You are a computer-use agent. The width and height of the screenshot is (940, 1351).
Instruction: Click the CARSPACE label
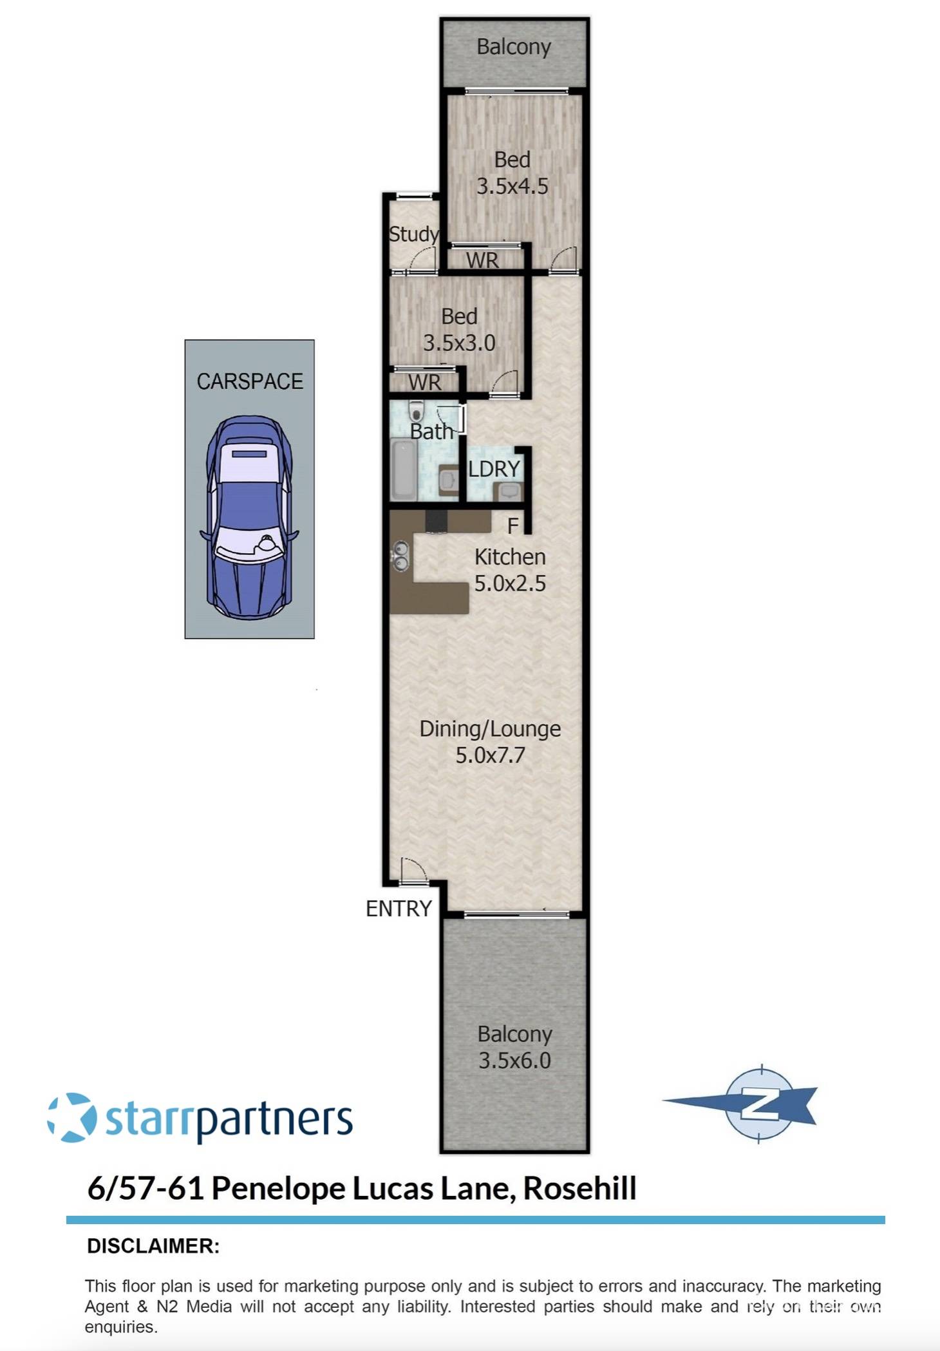click(x=249, y=381)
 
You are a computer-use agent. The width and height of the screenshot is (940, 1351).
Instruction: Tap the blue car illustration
click(x=249, y=517)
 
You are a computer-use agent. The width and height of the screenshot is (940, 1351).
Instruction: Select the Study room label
click(x=413, y=234)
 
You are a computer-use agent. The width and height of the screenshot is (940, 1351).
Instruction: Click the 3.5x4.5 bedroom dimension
click(x=512, y=186)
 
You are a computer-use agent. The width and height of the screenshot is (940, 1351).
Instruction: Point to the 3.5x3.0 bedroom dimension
click(x=459, y=343)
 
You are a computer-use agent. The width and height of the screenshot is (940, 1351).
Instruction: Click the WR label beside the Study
click(x=482, y=260)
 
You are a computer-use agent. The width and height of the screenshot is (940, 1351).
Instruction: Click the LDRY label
click(x=494, y=469)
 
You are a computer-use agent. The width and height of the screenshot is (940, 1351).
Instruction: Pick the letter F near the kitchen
click(x=512, y=526)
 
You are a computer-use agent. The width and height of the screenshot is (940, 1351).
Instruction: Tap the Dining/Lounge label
click(x=490, y=728)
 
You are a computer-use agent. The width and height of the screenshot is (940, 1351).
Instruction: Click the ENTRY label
click(x=399, y=908)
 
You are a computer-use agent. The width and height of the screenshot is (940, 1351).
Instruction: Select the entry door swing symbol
click(x=413, y=871)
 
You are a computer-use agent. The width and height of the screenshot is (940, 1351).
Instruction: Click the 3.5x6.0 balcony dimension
click(x=514, y=1060)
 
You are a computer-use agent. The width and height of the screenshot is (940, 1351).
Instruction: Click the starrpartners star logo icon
click(x=72, y=1117)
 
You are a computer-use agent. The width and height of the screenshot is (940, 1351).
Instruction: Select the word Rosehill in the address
click(x=579, y=1188)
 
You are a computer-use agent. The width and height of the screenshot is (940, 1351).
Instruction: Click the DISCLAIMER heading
click(x=153, y=1246)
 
